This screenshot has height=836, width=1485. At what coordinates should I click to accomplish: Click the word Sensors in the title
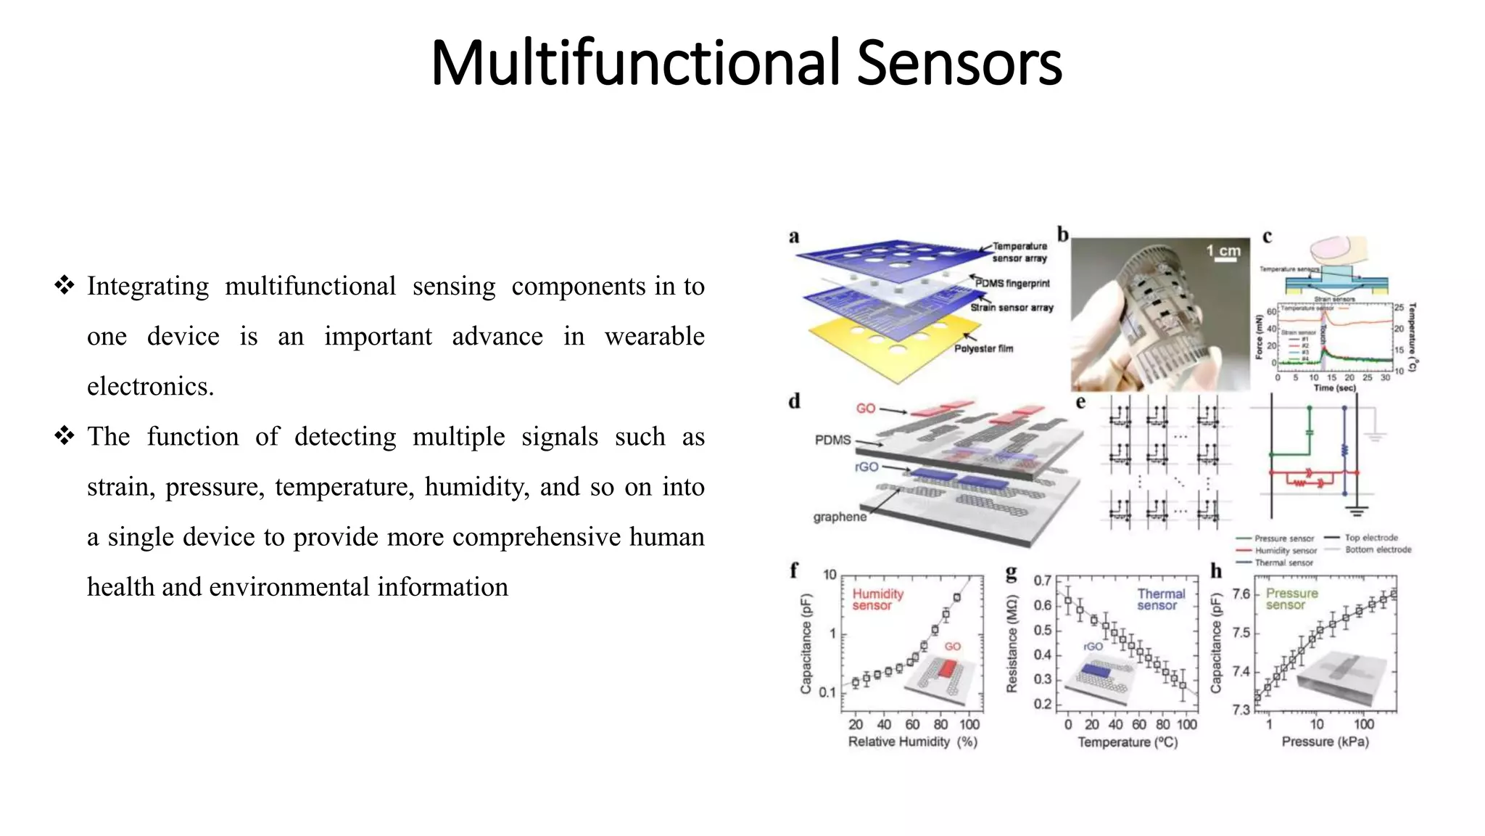point(959,63)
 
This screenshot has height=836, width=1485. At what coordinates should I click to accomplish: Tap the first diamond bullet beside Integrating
point(64,285)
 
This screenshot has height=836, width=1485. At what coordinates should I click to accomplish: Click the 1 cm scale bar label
point(1223,251)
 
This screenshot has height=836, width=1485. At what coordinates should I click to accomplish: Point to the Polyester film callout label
point(983,348)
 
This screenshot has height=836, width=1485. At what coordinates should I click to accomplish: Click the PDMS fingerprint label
point(1012,283)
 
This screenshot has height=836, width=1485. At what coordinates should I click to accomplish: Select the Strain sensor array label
point(1012,308)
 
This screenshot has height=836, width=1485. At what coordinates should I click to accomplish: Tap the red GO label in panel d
point(865,409)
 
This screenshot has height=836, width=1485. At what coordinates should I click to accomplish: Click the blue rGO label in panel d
point(866,467)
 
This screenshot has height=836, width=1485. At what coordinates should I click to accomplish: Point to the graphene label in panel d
point(840,517)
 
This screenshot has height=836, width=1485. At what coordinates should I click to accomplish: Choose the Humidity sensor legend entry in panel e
point(1285,551)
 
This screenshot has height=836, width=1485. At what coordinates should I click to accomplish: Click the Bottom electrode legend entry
point(1378,549)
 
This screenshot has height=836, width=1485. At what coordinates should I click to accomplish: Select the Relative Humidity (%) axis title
point(912,742)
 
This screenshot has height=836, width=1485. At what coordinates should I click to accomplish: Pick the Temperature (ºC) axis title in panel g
point(1128,742)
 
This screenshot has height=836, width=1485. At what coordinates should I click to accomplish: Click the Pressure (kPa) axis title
point(1325,742)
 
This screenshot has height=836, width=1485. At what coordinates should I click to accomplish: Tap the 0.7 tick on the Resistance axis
point(1042,581)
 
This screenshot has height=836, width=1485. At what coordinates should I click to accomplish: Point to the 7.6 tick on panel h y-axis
point(1241,594)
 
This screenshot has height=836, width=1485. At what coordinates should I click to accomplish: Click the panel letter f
point(794,571)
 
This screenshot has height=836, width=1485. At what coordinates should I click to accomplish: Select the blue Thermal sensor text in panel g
point(1160,599)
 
